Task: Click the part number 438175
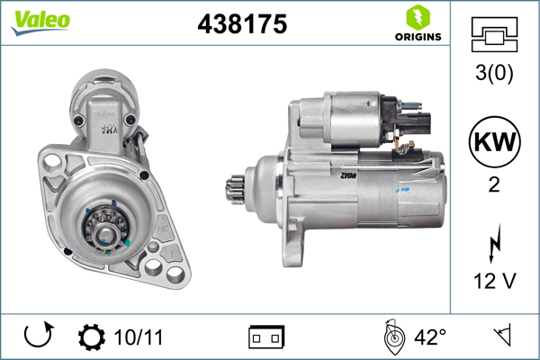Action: [x=241, y=25]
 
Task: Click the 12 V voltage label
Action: [x=493, y=281]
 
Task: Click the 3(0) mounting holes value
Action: [x=493, y=74]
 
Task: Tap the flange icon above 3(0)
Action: [x=493, y=33]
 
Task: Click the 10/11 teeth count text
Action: [x=139, y=337]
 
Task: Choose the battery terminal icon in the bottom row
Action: [x=265, y=337]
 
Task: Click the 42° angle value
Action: [x=430, y=337]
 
